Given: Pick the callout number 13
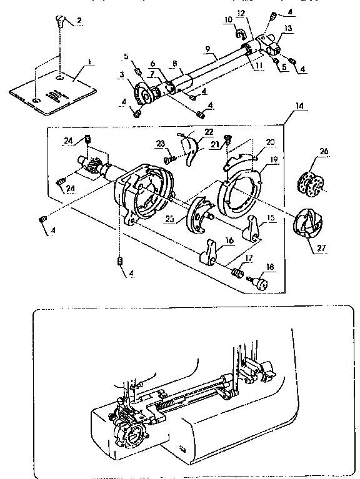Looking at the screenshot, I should [x=287, y=28].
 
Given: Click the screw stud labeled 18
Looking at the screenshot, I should [x=258, y=283].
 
